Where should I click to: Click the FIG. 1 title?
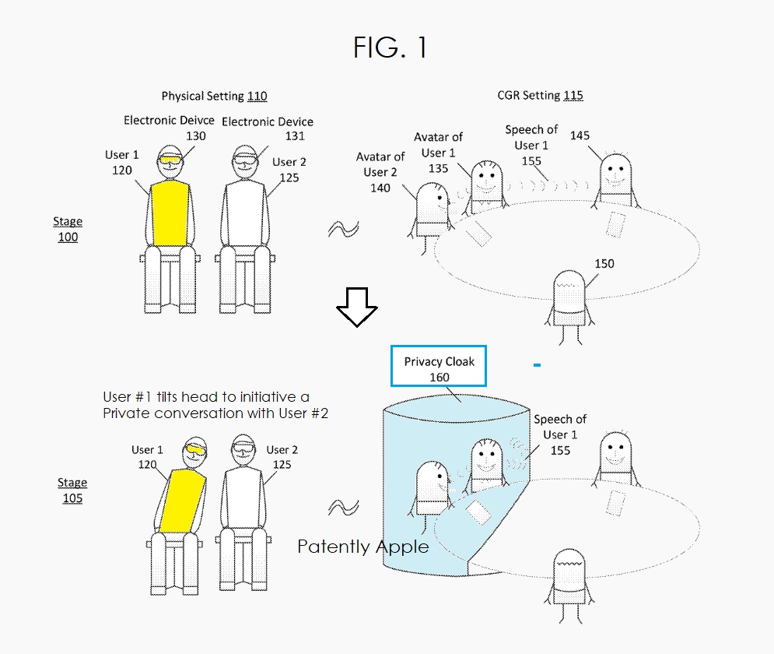point(390,48)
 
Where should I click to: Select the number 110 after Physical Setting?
point(257,97)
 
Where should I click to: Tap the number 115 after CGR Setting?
point(573,96)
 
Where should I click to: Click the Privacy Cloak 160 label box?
point(439,369)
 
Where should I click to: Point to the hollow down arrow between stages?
point(356,305)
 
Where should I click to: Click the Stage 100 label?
point(68,230)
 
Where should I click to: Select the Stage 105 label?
point(72,490)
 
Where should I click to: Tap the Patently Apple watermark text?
point(363,547)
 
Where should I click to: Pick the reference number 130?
point(196,135)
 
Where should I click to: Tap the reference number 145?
point(580,135)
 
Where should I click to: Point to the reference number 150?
point(604,264)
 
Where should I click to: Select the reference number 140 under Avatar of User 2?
point(380,188)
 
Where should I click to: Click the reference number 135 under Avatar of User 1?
point(438,167)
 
